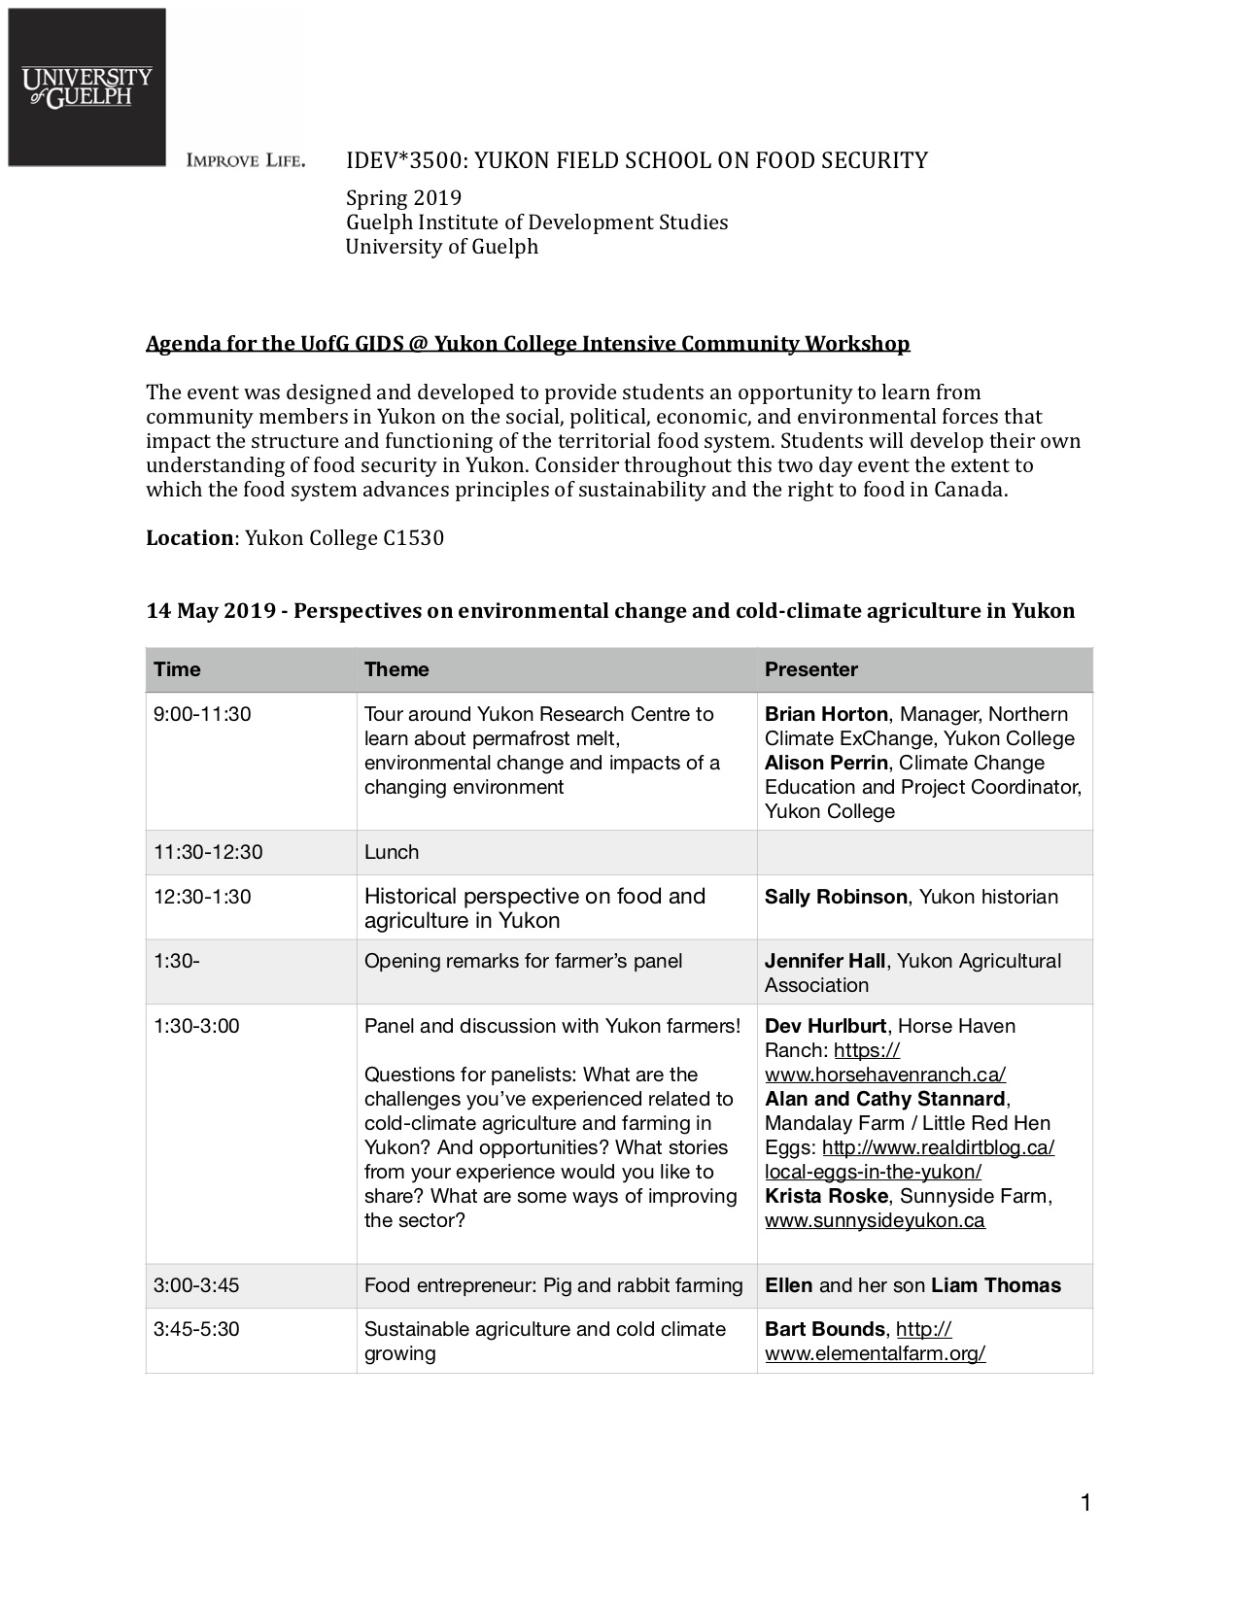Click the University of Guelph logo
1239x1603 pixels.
pyautogui.click(x=87, y=87)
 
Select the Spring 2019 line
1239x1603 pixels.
pyautogui.click(x=403, y=198)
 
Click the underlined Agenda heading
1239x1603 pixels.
pyautogui.click(x=528, y=343)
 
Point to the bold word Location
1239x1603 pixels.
pyautogui.click(x=189, y=538)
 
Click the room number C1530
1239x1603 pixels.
pyautogui.click(x=413, y=538)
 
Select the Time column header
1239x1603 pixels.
pyautogui.click(x=177, y=669)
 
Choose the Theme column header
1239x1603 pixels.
pyautogui.click(x=396, y=669)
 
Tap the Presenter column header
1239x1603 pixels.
pyautogui.click(x=811, y=669)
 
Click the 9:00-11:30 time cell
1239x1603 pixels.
pyautogui.click(x=202, y=714)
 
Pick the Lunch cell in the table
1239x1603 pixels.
pyautogui.click(x=392, y=852)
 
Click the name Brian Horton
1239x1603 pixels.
pyautogui.click(x=826, y=714)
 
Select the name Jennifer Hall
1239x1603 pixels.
pyautogui.click(x=825, y=961)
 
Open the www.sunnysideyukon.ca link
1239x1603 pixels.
pyautogui.click(x=875, y=1220)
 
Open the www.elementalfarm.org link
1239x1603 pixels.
pyautogui.click(x=875, y=1353)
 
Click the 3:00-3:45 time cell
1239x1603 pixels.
pyautogui.click(x=196, y=1285)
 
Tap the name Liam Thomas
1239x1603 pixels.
pyautogui.click(x=995, y=1285)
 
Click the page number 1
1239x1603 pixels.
pyautogui.click(x=1085, y=1504)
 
